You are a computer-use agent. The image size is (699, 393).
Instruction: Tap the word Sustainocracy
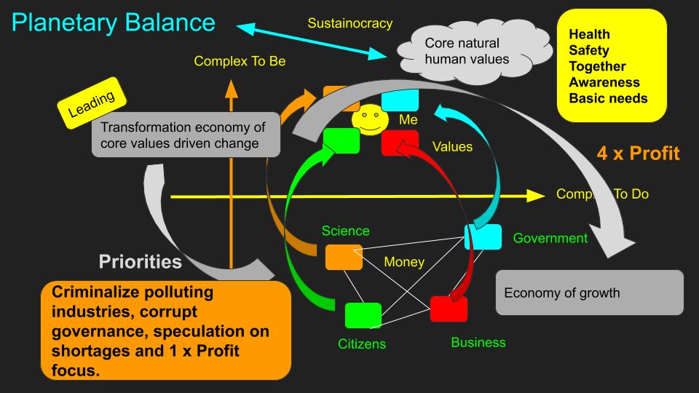(x=350, y=23)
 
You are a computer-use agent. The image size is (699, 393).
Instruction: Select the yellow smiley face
(x=369, y=121)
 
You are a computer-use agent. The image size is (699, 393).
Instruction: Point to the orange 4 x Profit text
(x=639, y=154)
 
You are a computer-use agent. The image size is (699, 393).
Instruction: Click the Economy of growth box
(x=589, y=293)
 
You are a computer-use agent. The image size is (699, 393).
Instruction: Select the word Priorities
(x=141, y=261)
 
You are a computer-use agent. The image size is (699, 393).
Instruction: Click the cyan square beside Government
(x=483, y=237)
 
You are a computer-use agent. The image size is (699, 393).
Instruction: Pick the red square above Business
(x=449, y=309)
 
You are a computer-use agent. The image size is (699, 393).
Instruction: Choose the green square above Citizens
(x=363, y=315)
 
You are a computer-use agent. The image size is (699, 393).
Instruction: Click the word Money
(x=403, y=262)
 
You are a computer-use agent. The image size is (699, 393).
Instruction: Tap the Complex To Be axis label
(x=240, y=61)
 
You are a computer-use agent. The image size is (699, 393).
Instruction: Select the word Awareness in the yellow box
(x=604, y=82)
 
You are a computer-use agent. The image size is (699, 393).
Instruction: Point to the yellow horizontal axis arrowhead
(x=535, y=195)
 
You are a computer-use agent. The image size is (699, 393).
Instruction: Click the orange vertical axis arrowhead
(x=232, y=89)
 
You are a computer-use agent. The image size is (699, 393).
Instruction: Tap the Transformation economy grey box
(x=186, y=135)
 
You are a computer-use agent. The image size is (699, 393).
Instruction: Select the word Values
(x=452, y=147)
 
